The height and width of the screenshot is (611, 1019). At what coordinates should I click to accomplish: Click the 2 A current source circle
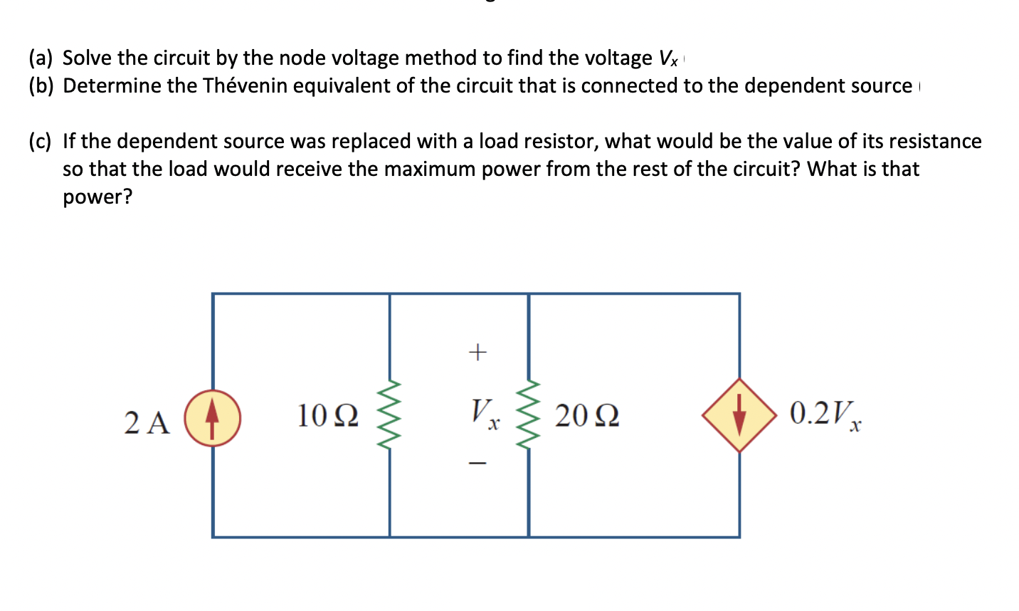pyautogui.click(x=212, y=418)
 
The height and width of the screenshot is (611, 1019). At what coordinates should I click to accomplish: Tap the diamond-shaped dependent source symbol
pyautogui.click(x=739, y=414)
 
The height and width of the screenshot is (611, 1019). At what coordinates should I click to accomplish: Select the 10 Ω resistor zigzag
pyautogui.click(x=390, y=416)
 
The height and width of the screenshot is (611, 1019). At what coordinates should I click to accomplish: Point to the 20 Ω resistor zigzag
pyautogui.click(x=529, y=416)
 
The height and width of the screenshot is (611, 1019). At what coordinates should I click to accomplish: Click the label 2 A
pyautogui.click(x=147, y=422)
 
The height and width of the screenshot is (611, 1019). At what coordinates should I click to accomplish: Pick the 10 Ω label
pyautogui.click(x=327, y=416)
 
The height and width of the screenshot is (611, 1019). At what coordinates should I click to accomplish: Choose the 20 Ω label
pyautogui.click(x=587, y=416)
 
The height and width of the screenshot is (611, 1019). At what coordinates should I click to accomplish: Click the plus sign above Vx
pyautogui.click(x=477, y=351)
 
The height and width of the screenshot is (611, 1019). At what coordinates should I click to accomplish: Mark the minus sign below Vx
pyautogui.click(x=477, y=464)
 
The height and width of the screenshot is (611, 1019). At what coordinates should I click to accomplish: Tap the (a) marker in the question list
pyautogui.click(x=41, y=58)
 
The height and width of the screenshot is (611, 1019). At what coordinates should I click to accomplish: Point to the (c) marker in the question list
pyautogui.click(x=40, y=141)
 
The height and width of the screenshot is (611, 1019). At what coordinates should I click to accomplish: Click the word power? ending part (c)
pyautogui.click(x=97, y=197)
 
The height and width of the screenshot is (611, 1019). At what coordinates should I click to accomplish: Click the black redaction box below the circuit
pyautogui.click(x=520, y=583)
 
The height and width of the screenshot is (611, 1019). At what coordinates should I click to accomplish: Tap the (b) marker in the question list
pyautogui.click(x=41, y=85)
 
